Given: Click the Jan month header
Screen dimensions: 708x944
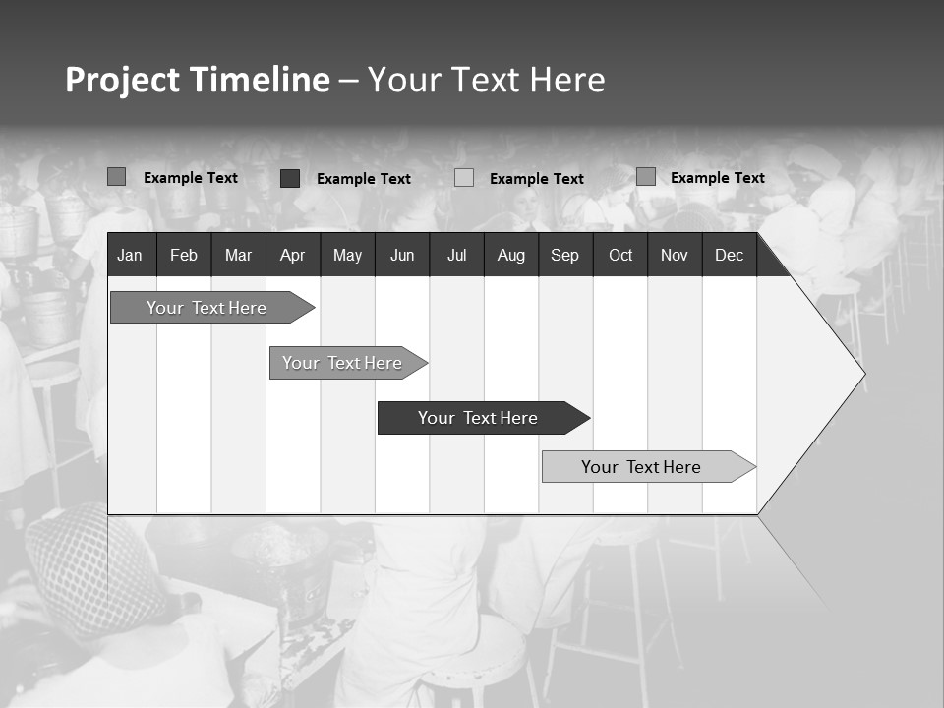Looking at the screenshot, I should click(x=130, y=256).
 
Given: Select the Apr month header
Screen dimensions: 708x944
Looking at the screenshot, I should click(x=292, y=256).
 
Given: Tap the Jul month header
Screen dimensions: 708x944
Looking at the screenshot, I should click(x=456, y=256).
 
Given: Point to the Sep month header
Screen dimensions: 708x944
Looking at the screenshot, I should click(x=564, y=256).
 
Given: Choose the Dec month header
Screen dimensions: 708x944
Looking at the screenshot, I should click(x=729, y=256).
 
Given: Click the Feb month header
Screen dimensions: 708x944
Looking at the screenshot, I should click(x=184, y=256).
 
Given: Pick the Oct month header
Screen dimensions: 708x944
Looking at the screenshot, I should click(x=620, y=256).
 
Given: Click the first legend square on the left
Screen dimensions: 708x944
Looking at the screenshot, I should click(x=116, y=177).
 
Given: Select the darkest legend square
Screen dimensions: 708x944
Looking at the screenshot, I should click(x=290, y=178).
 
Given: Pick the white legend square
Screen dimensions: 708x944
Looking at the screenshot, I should click(x=464, y=178).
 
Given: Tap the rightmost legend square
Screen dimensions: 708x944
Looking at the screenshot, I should click(x=645, y=177).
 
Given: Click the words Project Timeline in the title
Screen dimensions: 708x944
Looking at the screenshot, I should click(x=197, y=80).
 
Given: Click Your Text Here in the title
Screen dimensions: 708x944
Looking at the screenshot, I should click(x=487, y=80).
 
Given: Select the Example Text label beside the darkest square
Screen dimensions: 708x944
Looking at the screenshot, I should click(x=363, y=179).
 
